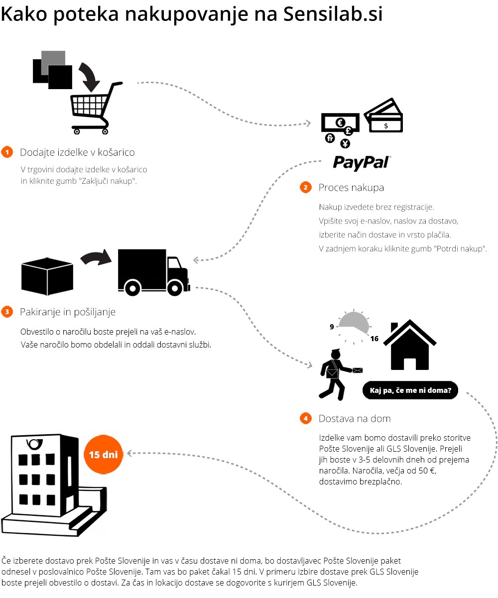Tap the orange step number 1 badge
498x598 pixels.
pos(7,152)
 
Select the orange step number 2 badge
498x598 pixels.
pos(305,188)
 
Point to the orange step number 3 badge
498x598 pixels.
pos(7,312)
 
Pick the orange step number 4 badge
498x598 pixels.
pos(305,419)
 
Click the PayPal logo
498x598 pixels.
pos(361,162)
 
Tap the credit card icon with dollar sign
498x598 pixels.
pos(384,116)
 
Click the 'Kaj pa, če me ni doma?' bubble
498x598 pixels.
pos(410,390)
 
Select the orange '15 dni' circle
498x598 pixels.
pos(103,455)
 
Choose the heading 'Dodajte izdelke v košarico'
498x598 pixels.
pos(77,152)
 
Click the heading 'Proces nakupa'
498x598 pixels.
pos(351,188)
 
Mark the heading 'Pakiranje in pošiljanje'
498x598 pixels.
pos(68,312)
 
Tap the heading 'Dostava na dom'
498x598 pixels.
pos(355,419)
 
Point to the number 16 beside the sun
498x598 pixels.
pos(374,339)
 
